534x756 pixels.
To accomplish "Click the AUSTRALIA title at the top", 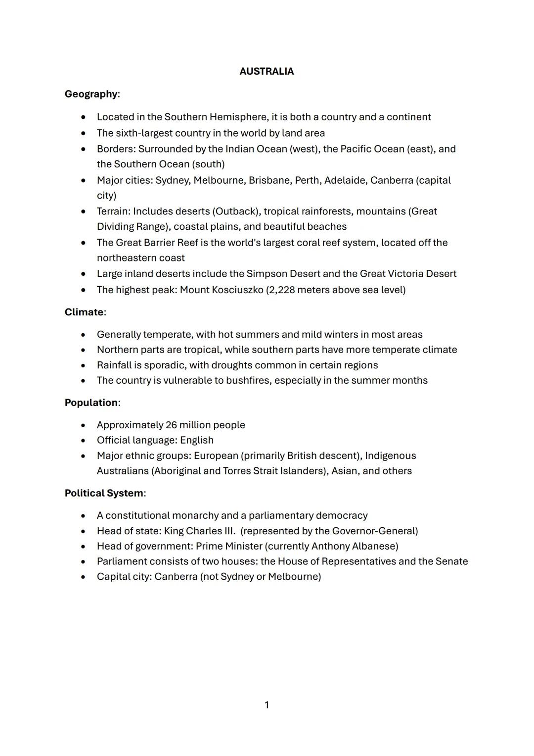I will pos(267,71).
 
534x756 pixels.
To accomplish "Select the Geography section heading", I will pos(91,94).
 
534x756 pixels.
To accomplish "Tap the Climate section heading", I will pos(84,312).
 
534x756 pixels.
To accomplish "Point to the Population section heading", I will pos(91,403).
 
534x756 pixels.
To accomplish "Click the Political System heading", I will pos(104,493).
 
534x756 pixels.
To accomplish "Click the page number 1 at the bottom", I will pos(267,705).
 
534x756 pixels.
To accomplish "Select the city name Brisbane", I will pos(269,180).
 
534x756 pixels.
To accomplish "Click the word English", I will pos(197,440).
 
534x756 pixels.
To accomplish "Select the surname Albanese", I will pos(374,546).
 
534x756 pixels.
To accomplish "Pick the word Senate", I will pos(451,561).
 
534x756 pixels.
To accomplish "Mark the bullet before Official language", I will pos(84,441).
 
